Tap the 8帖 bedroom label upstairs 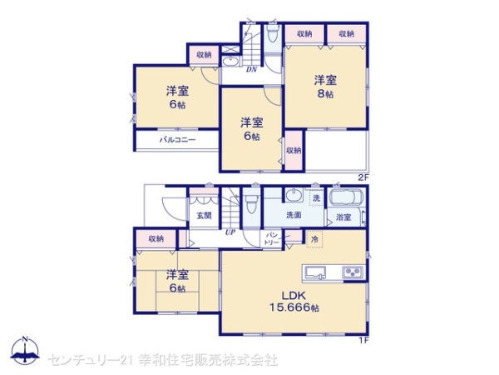pos(325,87)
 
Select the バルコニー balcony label pos(177,141)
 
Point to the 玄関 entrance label pos(204,215)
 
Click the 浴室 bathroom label pos(343,218)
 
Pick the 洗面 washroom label pos(294,215)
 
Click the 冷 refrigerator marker pos(314,239)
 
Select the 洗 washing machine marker pos(316,197)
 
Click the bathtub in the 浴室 pos(344,200)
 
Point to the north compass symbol pos(25,349)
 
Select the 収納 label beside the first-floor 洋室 pos(156,239)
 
